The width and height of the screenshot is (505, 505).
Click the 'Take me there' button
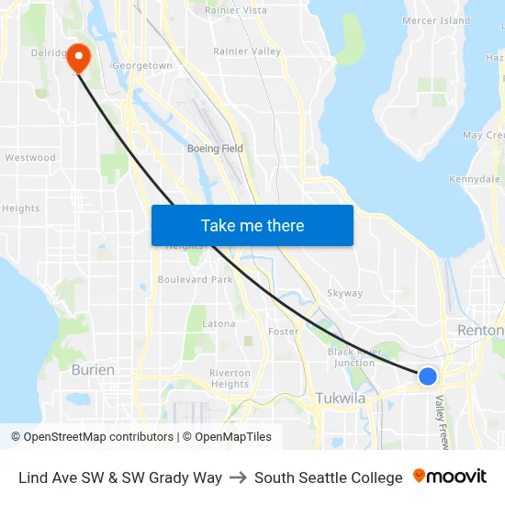[x=252, y=225]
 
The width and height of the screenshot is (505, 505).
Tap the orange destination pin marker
[x=79, y=59]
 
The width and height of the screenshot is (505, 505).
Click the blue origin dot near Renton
[x=427, y=376]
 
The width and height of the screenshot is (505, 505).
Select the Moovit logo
[x=450, y=477]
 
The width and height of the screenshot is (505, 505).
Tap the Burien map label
[x=93, y=370]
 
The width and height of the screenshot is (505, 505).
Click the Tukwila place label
[x=340, y=398]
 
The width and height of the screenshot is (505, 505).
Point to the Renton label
[x=479, y=331]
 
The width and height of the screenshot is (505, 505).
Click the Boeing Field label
[x=215, y=149]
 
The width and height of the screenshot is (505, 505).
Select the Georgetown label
[x=141, y=66]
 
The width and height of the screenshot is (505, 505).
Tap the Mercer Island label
[x=436, y=20]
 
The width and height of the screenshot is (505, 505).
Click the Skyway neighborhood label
[x=344, y=294]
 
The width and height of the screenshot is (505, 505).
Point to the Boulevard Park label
[x=195, y=279]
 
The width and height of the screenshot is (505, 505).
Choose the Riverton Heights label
[x=230, y=378]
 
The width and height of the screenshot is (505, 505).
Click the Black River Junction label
[x=351, y=357]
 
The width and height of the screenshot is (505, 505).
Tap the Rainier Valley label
[x=247, y=51]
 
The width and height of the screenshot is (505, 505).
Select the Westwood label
[x=30, y=158]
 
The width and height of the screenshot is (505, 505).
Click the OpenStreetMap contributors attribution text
[x=92, y=437]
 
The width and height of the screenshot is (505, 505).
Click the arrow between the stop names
[x=238, y=477]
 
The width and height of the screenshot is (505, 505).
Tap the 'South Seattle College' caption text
[x=328, y=477]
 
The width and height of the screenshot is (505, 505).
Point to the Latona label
[x=219, y=323]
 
